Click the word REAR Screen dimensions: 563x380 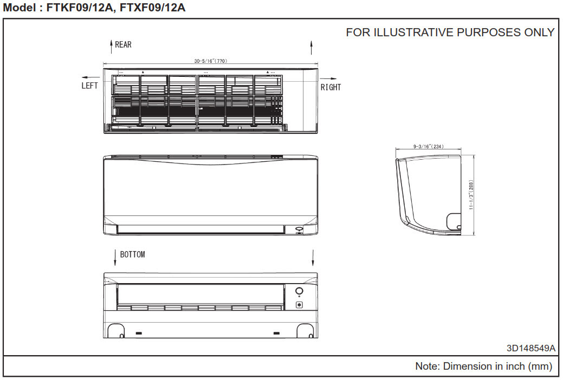coord(123,45)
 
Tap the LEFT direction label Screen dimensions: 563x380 coord(89,86)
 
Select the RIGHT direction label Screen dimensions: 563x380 coord(331,87)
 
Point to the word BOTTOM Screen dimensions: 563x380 coord(133,254)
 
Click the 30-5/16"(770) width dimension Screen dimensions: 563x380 coord(211,61)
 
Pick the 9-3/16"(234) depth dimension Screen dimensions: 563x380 coord(429,146)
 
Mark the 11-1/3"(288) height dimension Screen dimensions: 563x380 coord(471,195)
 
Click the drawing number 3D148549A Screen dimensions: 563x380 coord(531,348)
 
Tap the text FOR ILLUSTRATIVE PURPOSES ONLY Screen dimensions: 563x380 coord(450,32)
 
